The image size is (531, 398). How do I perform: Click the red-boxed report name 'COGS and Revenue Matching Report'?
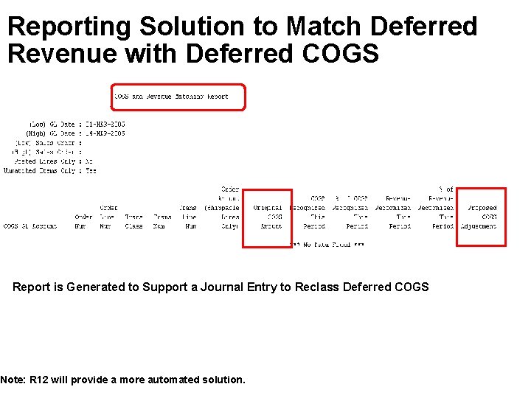click(171, 97)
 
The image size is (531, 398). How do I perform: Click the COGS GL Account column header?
click(29, 226)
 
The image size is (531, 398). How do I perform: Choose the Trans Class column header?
click(134, 222)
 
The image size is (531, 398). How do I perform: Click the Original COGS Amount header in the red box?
click(268, 217)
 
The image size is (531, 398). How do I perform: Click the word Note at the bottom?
click(13, 380)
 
